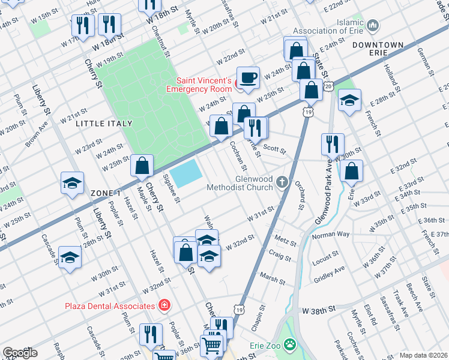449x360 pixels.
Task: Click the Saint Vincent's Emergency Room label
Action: pos(203,85)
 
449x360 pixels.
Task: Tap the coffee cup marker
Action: pos(248,77)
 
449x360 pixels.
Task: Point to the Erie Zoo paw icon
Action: pos(291,345)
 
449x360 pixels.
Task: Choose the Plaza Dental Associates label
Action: pos(110,306)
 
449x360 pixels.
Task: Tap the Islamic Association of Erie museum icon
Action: pos(373,25)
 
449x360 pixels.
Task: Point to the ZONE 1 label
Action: pos(106,193)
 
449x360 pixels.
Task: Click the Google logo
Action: pos(20,353)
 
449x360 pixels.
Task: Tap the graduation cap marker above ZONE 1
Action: pos(72,183)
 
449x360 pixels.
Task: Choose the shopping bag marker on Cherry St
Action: pos(142,167)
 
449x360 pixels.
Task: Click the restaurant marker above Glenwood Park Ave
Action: pos(333,144)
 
